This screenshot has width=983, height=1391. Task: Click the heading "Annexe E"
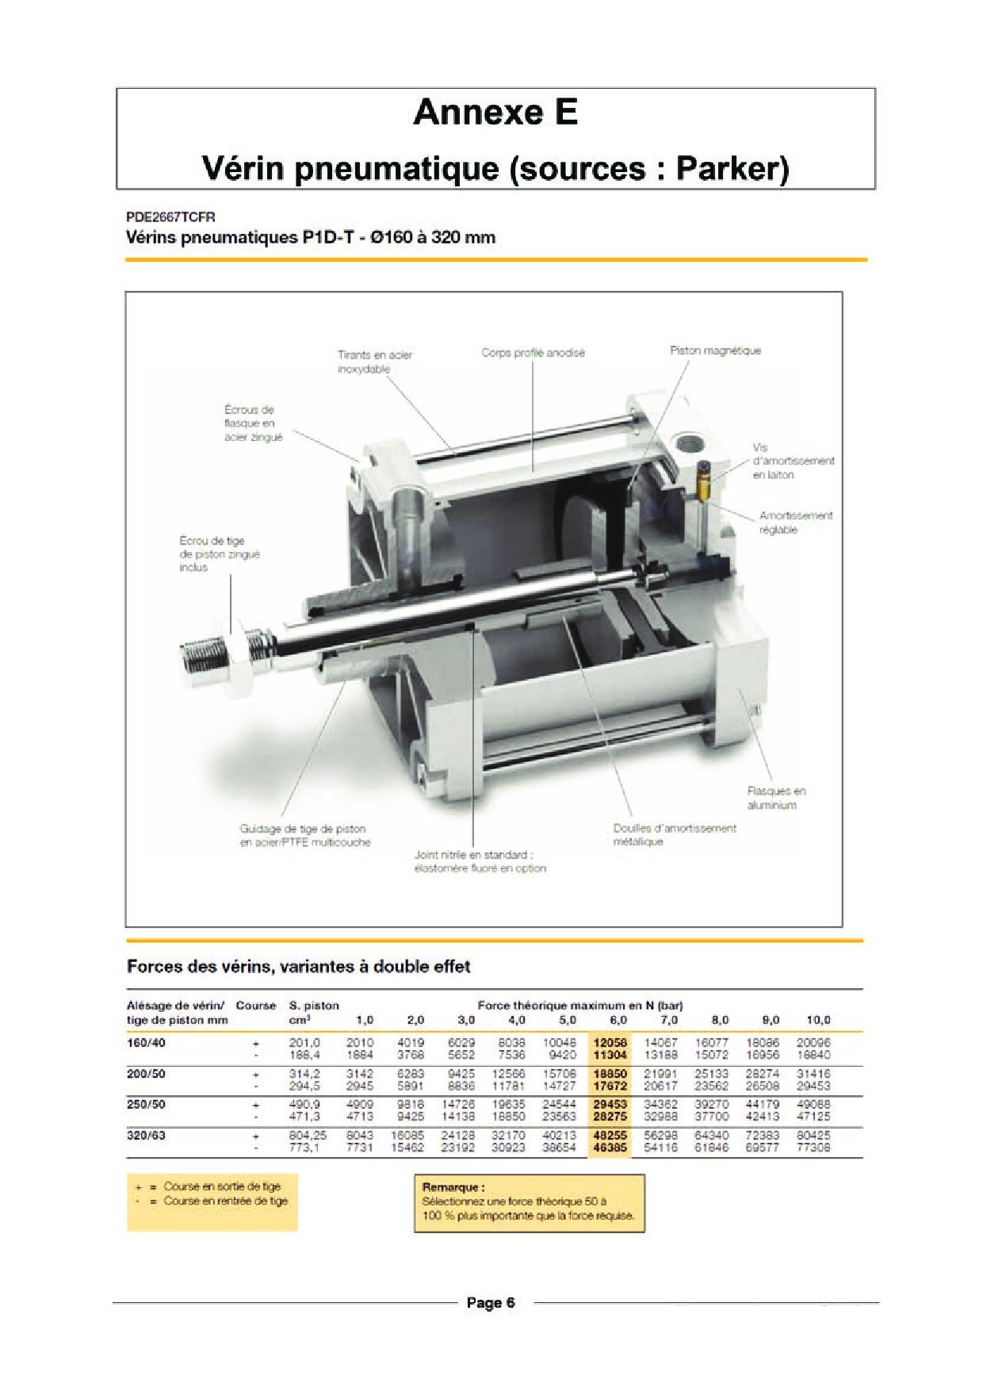[x=495, y=113]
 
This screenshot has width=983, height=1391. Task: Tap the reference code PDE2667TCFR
[x=170, y=217]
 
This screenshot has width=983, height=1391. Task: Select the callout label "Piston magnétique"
[x=715, y=351]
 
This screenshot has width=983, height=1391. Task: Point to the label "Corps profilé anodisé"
[x=533, y=353]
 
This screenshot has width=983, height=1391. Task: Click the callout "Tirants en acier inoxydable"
[x=374, y=362]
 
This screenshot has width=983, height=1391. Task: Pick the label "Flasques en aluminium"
[x=775, y=798]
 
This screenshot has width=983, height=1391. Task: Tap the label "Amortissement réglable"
[x=795, y=523]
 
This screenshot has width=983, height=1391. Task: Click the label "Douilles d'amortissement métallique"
[x=674, y=834]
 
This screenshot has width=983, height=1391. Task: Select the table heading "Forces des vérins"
[x=298, y=967]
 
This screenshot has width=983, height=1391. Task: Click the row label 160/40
[x=147, y=1043]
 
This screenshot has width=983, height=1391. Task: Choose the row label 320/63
[x=147, y=1136]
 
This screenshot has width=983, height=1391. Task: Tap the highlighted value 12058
[x=610, y=1043]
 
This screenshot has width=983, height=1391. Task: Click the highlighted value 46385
[x=610, y=1148]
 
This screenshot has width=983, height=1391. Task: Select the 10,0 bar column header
[x=818, y=1020]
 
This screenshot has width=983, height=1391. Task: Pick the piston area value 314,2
[x=304, y=1074]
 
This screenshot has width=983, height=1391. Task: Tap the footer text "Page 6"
[x=491, y=1302]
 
